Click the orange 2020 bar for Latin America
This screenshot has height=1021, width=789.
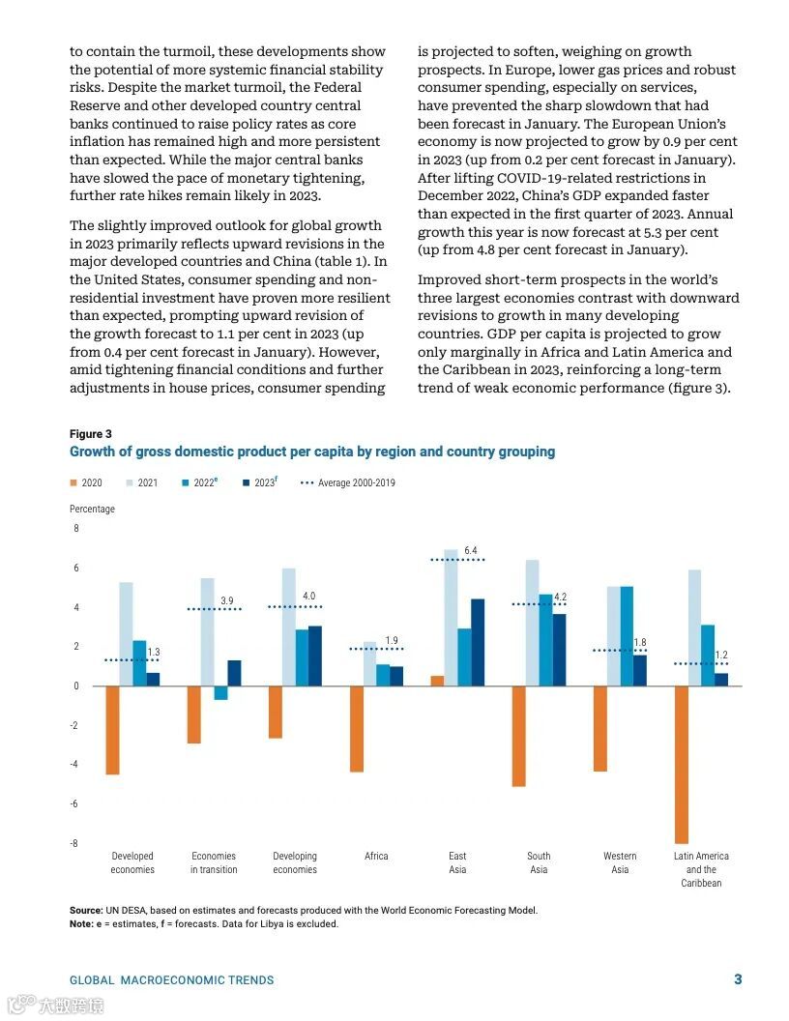point(682,765)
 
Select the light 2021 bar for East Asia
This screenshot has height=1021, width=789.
point(451,618)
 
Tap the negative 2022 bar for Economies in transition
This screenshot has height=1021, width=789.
point(220,692)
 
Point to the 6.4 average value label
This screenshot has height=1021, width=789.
point(470,550)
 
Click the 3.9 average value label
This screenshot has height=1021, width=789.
point(226,600)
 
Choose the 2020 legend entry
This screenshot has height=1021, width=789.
point(86,482)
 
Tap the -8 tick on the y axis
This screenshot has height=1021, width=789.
point(73,843)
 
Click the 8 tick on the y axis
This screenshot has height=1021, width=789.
point(76,528)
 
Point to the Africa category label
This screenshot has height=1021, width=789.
point(376,856)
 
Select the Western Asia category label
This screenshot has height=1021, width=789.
point(620,862)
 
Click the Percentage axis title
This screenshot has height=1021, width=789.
point(92,509)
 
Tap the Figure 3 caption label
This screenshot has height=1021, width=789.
point(90,434)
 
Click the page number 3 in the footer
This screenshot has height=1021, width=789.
point(738,979)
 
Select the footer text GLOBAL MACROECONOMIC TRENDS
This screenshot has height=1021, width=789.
point(171,980)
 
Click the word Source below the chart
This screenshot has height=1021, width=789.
point(86,910)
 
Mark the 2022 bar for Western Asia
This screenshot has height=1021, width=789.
point(627,636)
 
